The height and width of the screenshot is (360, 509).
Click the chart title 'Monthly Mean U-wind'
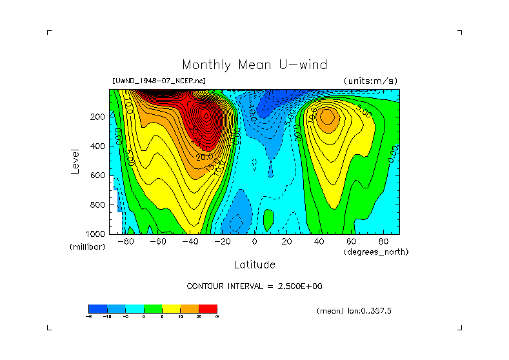(254, 65)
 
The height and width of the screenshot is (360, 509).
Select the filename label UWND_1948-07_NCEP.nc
(159, 81)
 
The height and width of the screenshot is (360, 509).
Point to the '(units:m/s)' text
(370, 81)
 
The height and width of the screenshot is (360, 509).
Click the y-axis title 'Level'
(75, 160)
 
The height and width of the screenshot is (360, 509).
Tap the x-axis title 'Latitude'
(254, 265)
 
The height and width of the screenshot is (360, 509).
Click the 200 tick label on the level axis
(97, 117)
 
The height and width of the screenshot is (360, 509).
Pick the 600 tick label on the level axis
(97, 175)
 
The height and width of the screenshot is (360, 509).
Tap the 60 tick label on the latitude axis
(352, 242)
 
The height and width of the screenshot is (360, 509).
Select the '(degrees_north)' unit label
(376, 251)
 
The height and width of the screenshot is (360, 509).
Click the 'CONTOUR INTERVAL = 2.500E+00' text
(254, 286)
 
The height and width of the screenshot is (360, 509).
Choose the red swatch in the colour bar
(208, 308)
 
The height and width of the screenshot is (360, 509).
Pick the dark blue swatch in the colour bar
(97, 308)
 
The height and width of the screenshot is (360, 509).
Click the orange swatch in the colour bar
(190, 308)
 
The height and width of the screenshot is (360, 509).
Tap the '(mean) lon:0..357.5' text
(354, 311)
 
